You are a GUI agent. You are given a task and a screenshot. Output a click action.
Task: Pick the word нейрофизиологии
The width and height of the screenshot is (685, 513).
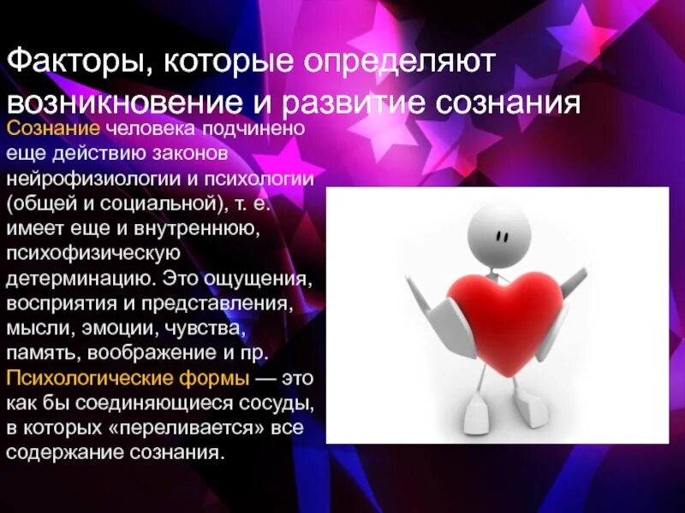click(x=97, y=180)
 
